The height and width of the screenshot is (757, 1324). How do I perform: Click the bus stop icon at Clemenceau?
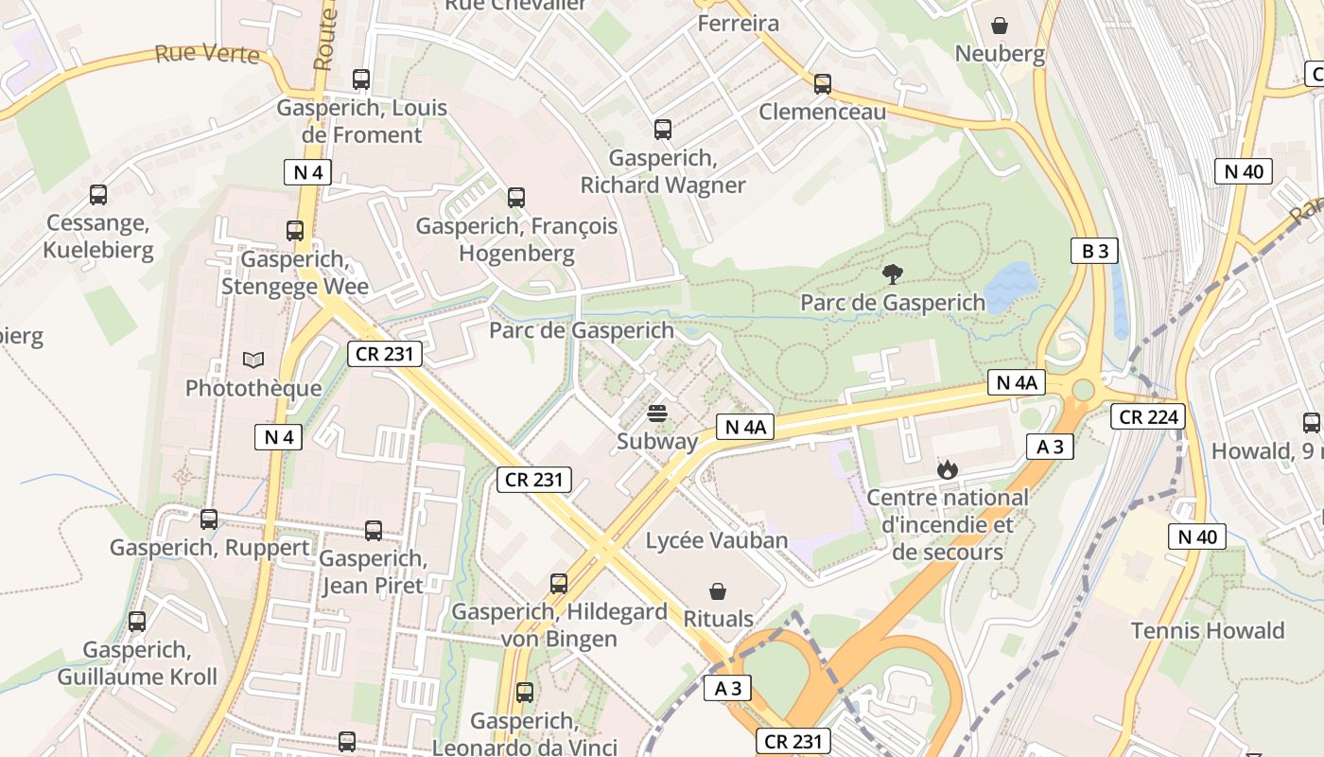(x=823, y=83)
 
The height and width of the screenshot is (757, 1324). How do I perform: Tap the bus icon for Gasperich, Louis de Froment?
(x=361, y=79)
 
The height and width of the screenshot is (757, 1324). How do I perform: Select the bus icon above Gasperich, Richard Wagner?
(x=663, y=130)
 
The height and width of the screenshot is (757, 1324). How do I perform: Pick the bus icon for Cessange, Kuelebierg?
(x=98, y=195)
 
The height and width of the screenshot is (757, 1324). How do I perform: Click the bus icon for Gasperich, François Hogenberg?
(x=516, y=198)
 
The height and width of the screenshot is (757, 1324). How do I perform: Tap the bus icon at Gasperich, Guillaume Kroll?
(x=137, y=622)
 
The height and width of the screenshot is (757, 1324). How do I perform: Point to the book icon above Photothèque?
(x=253, y=360)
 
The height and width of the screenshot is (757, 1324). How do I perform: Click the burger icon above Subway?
(x=657, y=414)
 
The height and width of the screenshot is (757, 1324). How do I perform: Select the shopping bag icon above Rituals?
(x=719, y=592)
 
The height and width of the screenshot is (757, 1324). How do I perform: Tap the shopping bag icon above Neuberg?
(x=1000, y=26)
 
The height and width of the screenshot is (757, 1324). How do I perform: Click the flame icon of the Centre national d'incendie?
(x=946, y=468)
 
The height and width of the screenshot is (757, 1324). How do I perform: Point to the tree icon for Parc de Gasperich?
(x=892, y=274)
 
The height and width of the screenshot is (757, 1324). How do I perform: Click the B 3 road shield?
(x=1095, y=251)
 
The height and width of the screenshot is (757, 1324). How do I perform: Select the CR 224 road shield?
(x=1147, y=416)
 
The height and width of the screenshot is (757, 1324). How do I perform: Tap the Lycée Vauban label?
(x=717, y=541)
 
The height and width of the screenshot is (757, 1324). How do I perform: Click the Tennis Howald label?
(x=1208, y=631)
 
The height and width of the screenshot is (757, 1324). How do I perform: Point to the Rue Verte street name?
(x=206, y=53)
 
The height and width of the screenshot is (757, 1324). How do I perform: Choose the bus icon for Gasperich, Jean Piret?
(x=374, y=531)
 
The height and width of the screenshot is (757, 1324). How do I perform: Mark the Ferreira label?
(x=739, y=24)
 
